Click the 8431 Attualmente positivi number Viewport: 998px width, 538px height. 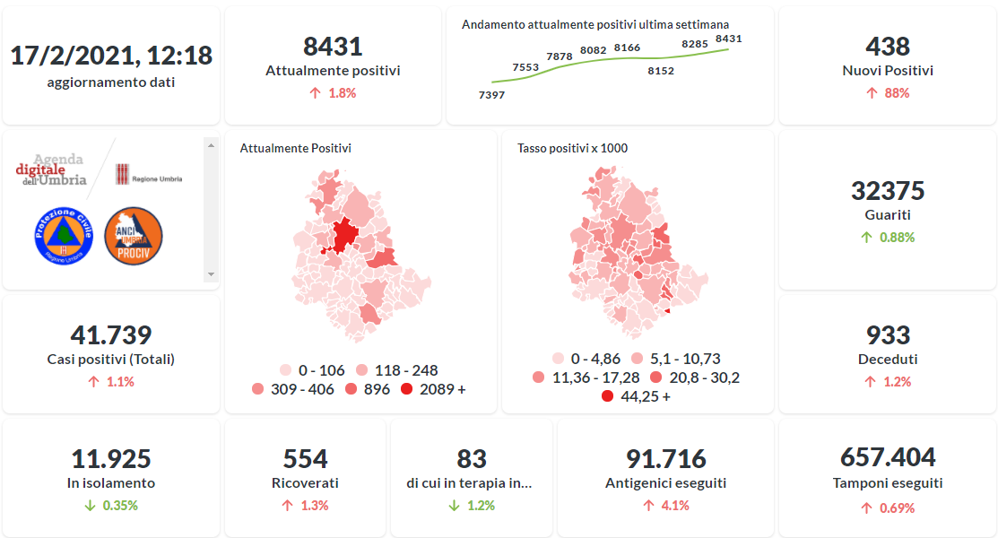tap(333, 47)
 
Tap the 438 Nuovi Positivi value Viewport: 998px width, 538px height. tap(888, 47)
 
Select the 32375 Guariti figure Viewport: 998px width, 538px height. tap(888, 191)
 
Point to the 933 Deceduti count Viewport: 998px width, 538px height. tap(888, 335)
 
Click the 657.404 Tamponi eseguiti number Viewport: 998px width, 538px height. tap(888, 457)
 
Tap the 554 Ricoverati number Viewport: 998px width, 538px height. tap(305, 458)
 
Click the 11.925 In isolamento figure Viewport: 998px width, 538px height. tap(111, 458)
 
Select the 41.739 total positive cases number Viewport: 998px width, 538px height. tap(111, 335)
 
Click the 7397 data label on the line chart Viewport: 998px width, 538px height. tap(491, 94)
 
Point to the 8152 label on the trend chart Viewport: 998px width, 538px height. tap(661, 71)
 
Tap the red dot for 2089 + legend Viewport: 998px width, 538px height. tap(407, 389)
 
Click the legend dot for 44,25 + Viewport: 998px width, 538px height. tap(608, 396)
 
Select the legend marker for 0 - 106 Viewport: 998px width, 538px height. tap(286, 369)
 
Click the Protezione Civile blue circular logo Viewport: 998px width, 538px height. tap(64, 236)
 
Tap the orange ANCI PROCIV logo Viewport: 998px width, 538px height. tap(134, 236)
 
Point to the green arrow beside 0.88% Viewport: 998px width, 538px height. tap(866, 238)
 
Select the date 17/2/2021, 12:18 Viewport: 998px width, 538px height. tap(111, 56)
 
